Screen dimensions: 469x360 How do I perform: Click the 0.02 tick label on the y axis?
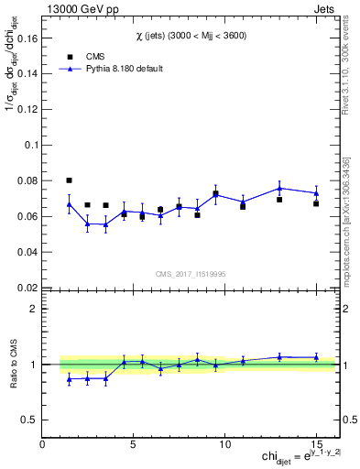(28, 287)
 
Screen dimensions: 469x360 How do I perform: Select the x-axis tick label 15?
(316, 443)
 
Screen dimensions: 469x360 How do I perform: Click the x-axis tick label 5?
(134, 443)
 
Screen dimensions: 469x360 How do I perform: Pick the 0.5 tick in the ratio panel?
(31, 420)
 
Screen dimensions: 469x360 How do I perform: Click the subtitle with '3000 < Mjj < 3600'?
(191, 35)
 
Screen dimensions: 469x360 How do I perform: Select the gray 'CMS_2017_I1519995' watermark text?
(191, 272)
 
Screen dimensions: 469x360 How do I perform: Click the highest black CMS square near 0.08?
(70, 180)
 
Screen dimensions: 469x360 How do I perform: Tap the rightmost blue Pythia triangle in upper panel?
(316, 193)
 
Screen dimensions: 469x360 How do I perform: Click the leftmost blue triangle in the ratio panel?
(70, 378)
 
